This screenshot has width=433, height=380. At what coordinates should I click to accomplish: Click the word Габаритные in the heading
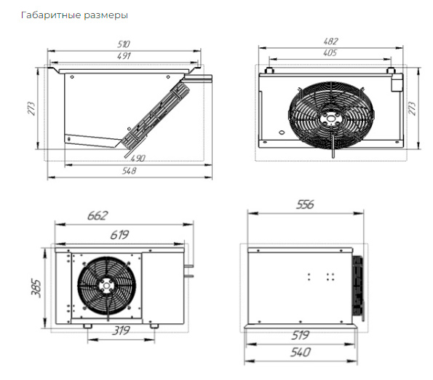[51, 15]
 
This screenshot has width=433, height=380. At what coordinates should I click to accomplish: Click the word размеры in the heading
[106, 16]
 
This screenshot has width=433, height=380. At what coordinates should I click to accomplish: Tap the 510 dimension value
[124, 44]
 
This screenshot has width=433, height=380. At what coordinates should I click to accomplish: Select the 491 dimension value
[124, 56]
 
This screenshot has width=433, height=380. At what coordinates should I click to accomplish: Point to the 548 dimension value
[129, 171]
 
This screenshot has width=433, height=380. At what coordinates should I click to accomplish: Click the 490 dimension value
[138, 159]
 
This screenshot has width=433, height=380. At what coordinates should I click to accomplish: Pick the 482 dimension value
[330, 41]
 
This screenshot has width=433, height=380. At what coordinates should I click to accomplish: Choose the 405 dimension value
[330, 52]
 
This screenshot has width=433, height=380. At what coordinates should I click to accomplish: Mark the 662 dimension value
[98, 215]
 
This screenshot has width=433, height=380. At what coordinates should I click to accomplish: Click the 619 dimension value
[119, 235]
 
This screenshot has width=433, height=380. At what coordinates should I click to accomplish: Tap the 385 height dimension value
[36, 288]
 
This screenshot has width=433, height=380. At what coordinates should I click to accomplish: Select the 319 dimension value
[121, 330]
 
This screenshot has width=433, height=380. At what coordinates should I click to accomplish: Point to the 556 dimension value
[305, 205]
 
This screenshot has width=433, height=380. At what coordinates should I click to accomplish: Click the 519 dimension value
[300, 336]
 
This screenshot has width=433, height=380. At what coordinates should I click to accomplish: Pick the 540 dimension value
[301, 352]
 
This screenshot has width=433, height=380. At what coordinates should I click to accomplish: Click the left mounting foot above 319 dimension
[87, 326]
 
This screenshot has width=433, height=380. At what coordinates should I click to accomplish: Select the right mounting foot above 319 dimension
[154, 326]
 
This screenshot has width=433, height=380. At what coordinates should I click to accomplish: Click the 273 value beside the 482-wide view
[412, 108]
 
